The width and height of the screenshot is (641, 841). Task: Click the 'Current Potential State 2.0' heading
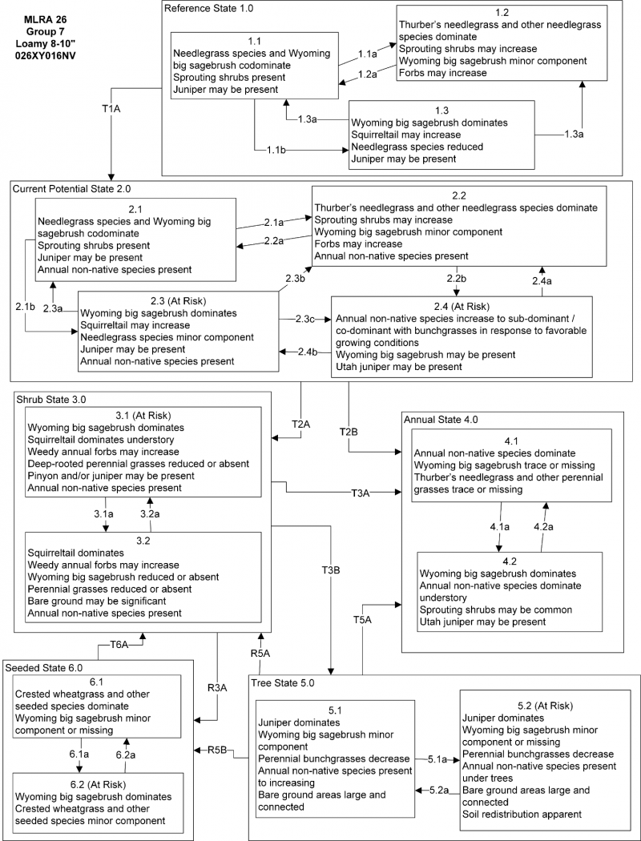click(71, 187)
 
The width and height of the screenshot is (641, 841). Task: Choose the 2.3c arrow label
click(304, 319)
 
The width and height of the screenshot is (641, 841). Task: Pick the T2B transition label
click(349, 432)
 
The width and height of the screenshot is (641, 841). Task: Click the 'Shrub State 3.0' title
click(51, 397)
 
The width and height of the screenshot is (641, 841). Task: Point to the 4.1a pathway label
click(500, 527)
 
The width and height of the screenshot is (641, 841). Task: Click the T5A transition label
click(363, 619)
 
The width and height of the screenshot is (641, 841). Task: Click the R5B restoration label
click(218, 750)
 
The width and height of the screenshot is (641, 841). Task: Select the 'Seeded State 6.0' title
click(44, 666)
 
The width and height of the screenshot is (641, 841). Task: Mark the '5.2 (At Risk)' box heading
click(526, 706)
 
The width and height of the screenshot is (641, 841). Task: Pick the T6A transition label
click(119, 644)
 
